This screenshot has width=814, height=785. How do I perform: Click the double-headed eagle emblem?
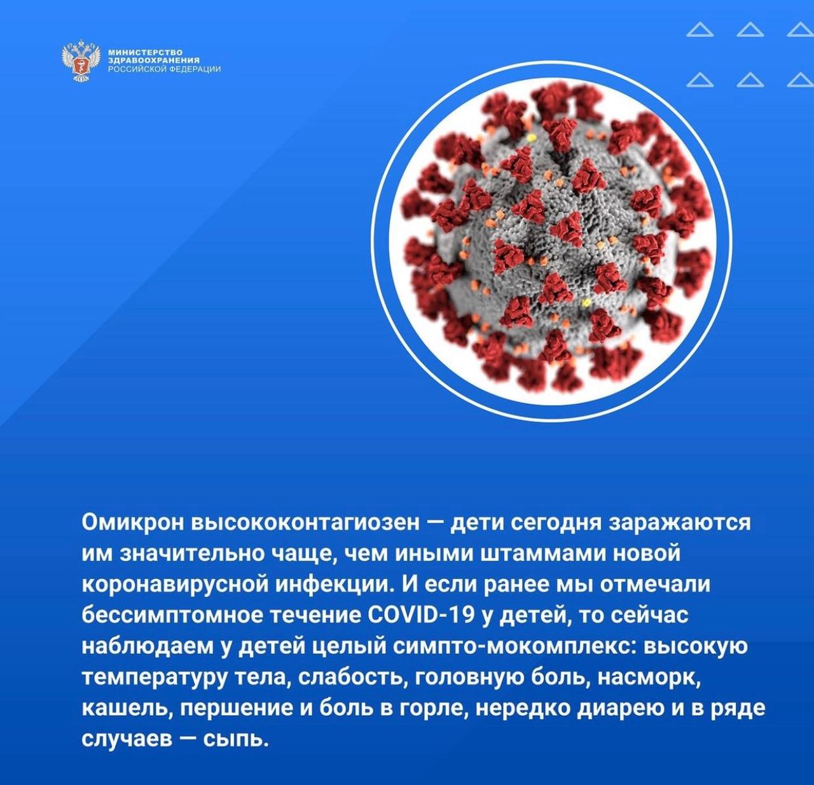(81, 60)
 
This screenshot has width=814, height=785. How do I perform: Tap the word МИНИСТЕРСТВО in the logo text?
(146, 52)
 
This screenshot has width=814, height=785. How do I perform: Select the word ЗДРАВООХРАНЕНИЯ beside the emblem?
(154, 60)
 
